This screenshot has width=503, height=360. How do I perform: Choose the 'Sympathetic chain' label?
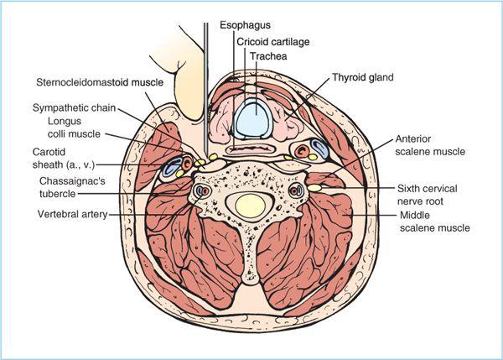pos(73,108)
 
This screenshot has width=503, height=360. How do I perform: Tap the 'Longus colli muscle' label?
pos(69,128)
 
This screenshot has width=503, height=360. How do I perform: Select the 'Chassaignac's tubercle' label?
pos(70,187)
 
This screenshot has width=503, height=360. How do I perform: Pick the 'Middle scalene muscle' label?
pos(433,221)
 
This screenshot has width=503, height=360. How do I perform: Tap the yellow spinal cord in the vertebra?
pos(250,203)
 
